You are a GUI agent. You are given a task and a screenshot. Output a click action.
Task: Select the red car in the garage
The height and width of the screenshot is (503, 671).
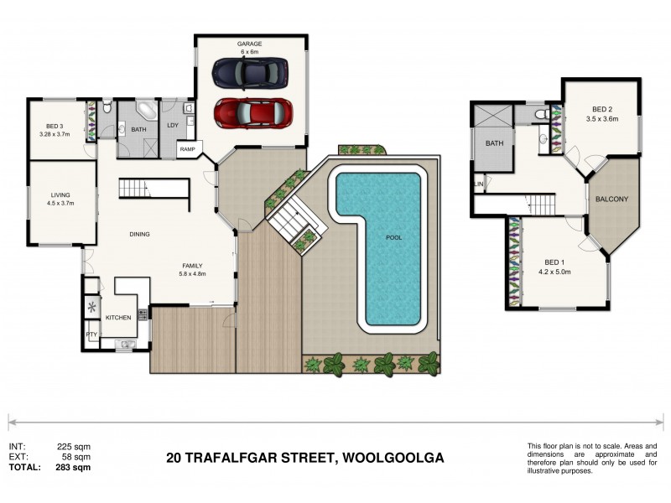coord(252,113)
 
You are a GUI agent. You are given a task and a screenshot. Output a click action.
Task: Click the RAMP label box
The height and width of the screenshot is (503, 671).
coord(187,149)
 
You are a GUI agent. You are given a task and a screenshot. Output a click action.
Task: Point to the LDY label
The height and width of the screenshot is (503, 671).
coord(172,126)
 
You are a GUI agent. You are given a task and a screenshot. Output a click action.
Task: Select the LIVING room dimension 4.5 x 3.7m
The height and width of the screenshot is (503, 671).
coord(60,202)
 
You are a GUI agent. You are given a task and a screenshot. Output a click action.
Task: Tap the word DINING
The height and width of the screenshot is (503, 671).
coord(138,234)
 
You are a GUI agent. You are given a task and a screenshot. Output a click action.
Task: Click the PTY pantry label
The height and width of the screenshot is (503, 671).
coord(91,334)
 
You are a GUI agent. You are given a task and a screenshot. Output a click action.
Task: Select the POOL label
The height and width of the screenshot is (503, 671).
coord(393,237)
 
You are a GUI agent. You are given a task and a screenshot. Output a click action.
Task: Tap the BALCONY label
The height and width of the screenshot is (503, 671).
coord(611,199)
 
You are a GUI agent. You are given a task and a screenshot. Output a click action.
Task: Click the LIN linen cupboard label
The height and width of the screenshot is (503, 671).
coord(478,183)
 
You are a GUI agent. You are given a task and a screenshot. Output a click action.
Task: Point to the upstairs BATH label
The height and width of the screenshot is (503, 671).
coord(495,143)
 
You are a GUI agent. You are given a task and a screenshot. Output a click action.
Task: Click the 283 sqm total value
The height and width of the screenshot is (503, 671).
coord(74,468)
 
